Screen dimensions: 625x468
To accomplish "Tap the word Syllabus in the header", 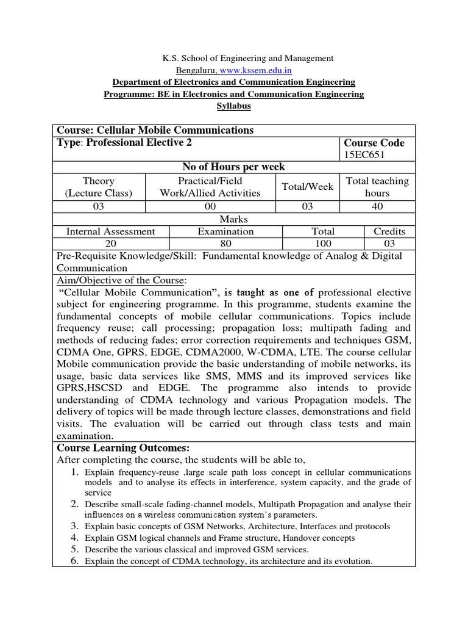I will point(234,106).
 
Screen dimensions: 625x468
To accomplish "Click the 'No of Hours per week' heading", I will point(234,167).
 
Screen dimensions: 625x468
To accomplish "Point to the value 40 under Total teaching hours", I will point(377,206).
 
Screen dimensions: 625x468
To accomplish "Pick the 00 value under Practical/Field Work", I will point(201,206).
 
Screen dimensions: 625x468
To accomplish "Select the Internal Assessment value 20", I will point(110,244).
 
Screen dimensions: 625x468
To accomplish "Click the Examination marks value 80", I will point(225,244).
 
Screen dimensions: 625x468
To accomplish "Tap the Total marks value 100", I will point(323,244).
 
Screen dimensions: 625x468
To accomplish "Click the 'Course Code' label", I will point(375,143).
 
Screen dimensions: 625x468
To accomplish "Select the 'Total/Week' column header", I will point(307,187).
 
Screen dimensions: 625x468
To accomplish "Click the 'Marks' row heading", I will point(234,219).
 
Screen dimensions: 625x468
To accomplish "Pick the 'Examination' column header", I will point(225,231).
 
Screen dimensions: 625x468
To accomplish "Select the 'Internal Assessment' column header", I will point(110,231).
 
